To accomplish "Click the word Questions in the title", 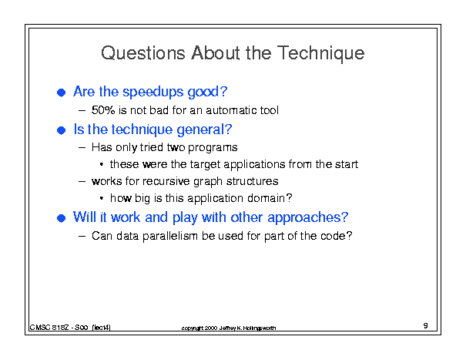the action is click(x=143, y=53).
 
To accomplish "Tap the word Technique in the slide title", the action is click(x=321, y=53).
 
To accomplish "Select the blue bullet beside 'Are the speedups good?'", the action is click(x=61, y=93).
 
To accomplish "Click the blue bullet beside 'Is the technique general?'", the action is click(x=61, y=130).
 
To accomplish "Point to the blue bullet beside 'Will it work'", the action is click(x=61, y=218).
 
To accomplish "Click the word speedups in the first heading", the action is click(x=153, y=93).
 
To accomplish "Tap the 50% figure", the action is click(x=103, y=110).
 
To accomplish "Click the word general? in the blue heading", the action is click(x=204, y=130).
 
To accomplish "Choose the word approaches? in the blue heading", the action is click(x=307, y=218).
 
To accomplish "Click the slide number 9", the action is click(x=426, y=325).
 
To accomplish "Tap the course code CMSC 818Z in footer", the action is click(x=49, y=328).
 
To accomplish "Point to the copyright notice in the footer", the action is click(x=229, y=328).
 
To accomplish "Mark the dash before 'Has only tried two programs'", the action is click(x=82, y=147).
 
